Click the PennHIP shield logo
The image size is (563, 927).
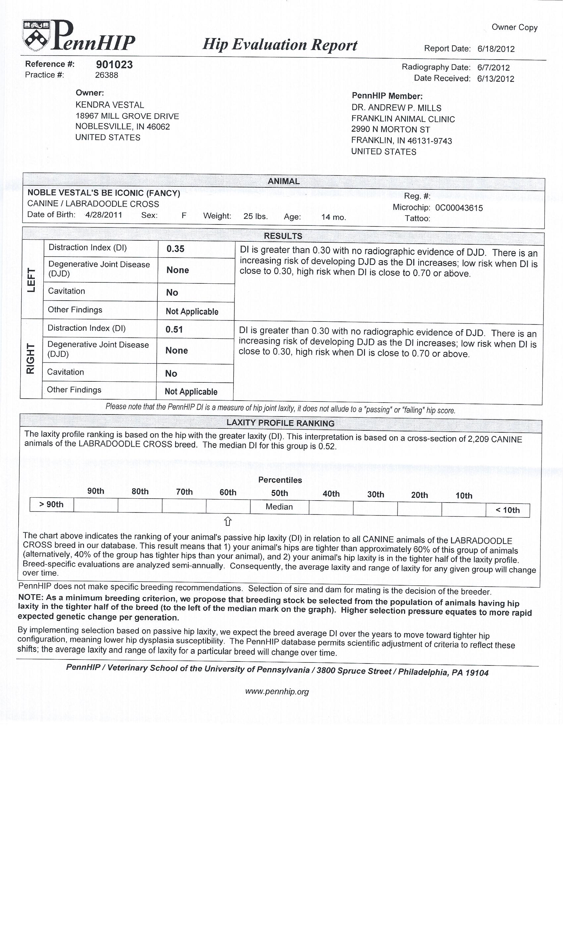pos(36,36)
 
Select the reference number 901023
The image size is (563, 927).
pos(114,65)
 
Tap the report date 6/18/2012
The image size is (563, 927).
pos(496,49)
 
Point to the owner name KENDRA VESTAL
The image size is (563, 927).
pos(110,105)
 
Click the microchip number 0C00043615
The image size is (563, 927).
pos(459,208)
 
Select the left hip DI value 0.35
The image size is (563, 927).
pos(176,249)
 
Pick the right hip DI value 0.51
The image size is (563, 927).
pos(174,329)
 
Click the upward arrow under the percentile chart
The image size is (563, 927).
pos(228,521)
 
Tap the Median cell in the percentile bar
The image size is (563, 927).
pos(279,507)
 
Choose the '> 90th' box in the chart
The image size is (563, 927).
pos(52,505)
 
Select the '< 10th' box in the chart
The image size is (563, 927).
pos(508,511)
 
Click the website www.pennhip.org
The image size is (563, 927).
pos(277,692)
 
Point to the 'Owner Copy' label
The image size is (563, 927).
pos(514,27)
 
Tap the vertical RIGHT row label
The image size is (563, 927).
pos(30,359)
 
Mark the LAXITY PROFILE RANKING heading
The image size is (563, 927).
pos(281,423)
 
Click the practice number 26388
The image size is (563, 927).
pos(107,75)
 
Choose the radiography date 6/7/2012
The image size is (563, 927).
pos(493,68)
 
